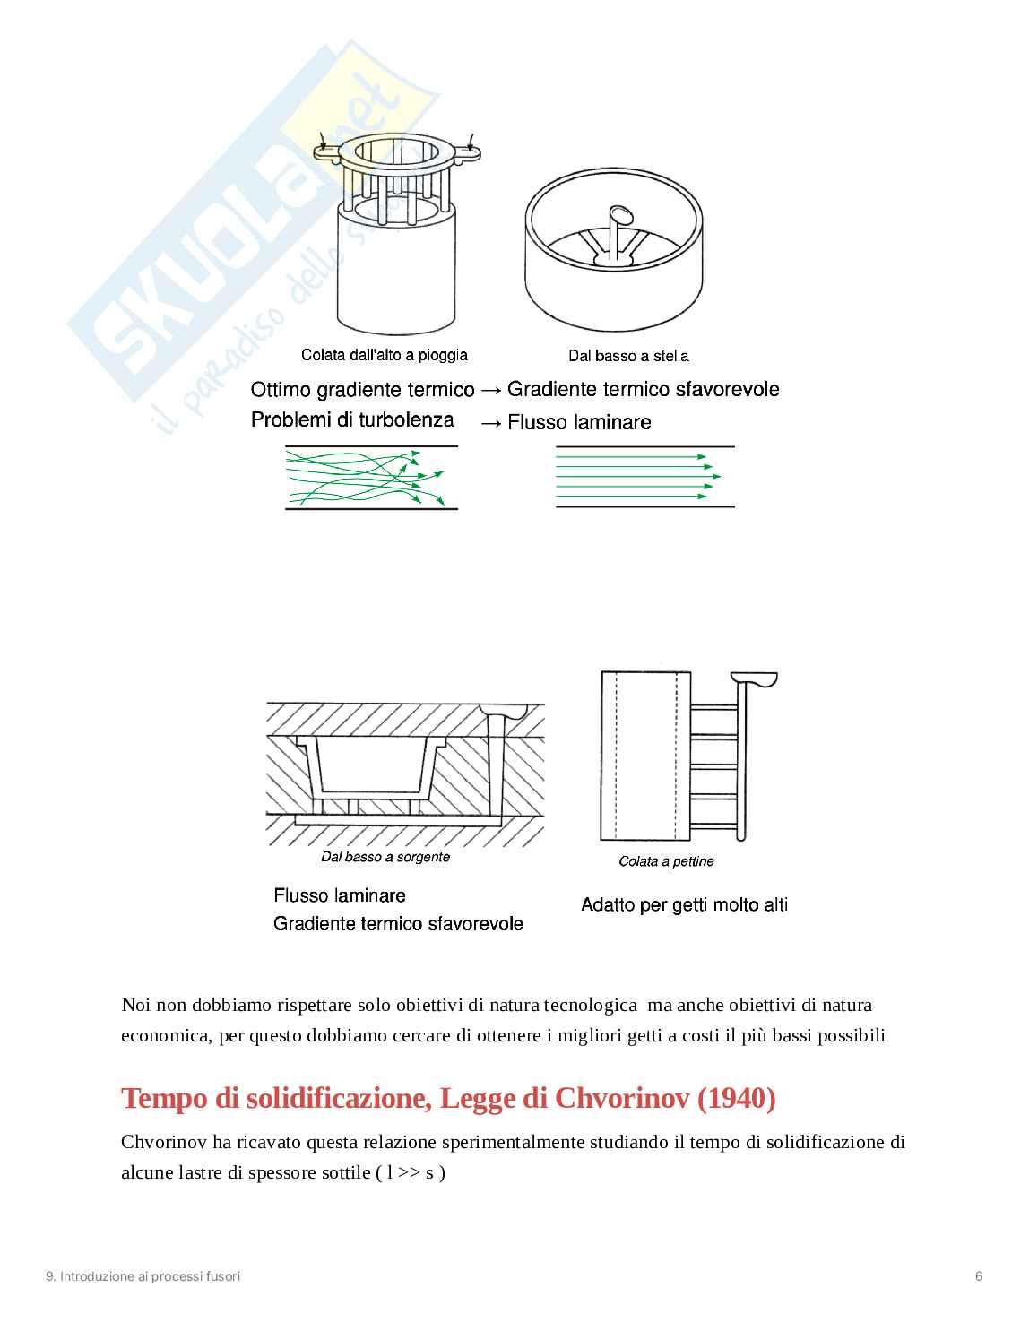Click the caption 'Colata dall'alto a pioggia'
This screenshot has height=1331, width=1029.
384,355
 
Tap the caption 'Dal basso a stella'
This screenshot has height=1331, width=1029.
627,356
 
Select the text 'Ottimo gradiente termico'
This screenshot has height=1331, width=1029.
362,390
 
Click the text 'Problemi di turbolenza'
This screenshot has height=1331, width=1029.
352,420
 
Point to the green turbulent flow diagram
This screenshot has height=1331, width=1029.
371,478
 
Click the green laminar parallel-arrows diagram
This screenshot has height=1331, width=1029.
644,477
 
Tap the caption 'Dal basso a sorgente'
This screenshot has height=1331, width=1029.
385,857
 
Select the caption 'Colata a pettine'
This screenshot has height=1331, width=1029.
666,861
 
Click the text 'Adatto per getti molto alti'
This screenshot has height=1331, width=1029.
684,904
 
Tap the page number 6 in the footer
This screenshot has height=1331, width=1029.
979,1276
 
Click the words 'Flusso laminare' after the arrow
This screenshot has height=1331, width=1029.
579,422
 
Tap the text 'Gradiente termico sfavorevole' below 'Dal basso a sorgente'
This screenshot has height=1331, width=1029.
398,924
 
